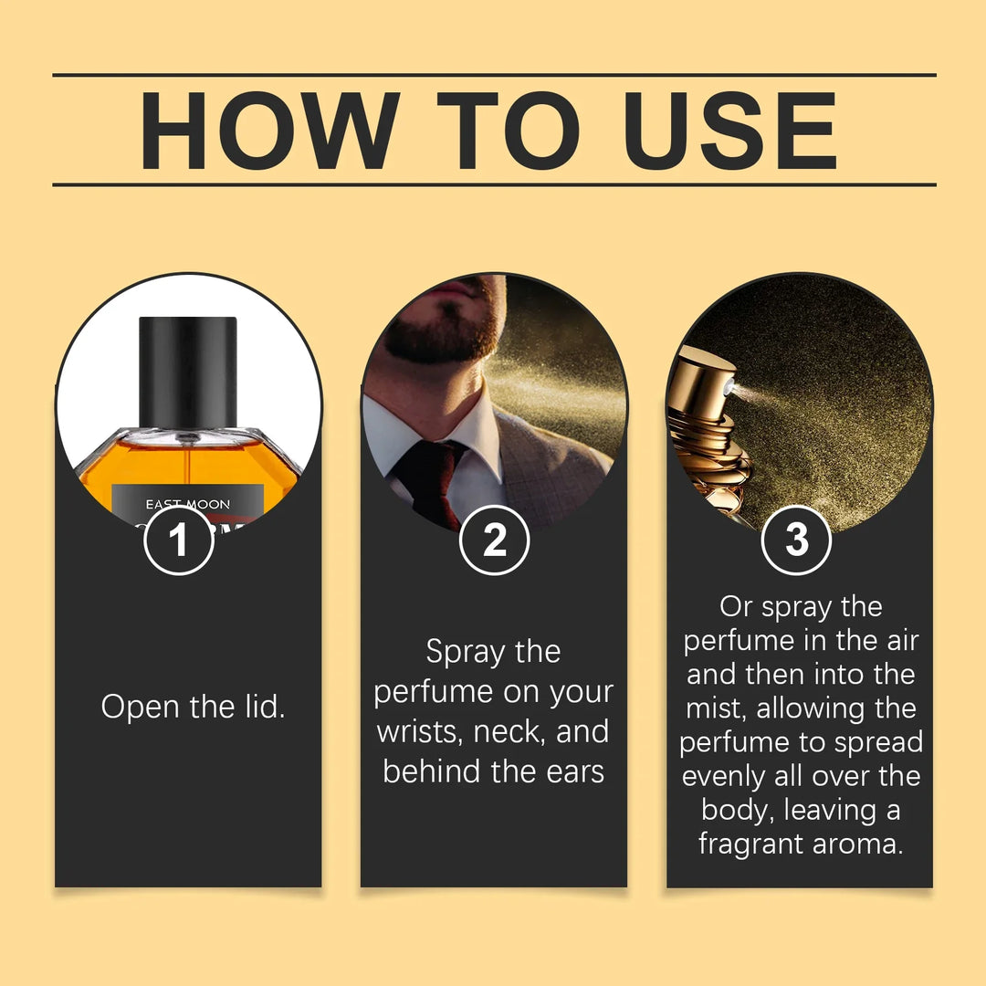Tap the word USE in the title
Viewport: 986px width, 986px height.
click(721, 130)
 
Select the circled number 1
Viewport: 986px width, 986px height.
click(179, 540)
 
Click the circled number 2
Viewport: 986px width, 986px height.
click(494, 540)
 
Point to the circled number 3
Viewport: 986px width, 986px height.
click(796, 540)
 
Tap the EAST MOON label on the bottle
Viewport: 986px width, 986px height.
click(188, 504)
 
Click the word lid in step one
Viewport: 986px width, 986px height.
click(261, 707)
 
